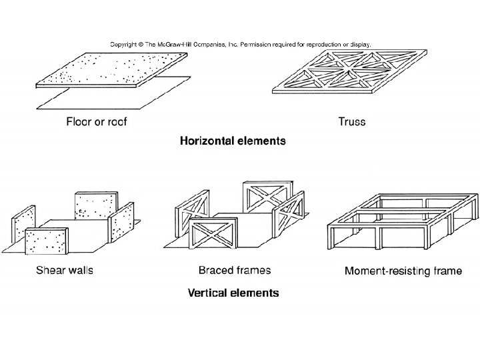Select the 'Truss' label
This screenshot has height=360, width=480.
pyautogui.click(x=352, y=122)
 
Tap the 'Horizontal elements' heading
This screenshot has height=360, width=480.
pyautogui.click(x=233, y=141)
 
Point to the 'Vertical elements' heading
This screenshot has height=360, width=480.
pyautogui.click(x=233, y=293)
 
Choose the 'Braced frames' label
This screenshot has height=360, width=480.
pyautogui.click(x=235, y=272)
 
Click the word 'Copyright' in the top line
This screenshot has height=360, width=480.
pyautogui.click(x=125, y=44)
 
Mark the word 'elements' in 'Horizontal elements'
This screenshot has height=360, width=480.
pyautogui.click(x=260, y=141)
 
